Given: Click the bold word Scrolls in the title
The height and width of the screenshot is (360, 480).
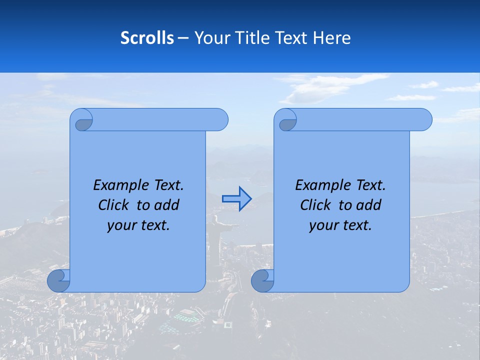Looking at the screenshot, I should tap(147, 38).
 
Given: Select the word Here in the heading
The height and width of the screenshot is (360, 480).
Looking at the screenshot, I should tap(331, 38).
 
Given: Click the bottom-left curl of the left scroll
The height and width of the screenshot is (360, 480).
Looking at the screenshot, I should tap(58, 280).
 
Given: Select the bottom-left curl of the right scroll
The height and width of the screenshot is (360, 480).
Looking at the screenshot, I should tap(262, 280).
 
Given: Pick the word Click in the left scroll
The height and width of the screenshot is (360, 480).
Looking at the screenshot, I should tap(114, 205).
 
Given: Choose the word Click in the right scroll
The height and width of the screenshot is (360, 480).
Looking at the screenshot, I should tap(316, 205).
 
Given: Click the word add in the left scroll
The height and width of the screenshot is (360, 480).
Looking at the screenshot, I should tap(167, 205).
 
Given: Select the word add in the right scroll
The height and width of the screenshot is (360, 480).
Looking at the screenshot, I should tap(369, 205).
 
